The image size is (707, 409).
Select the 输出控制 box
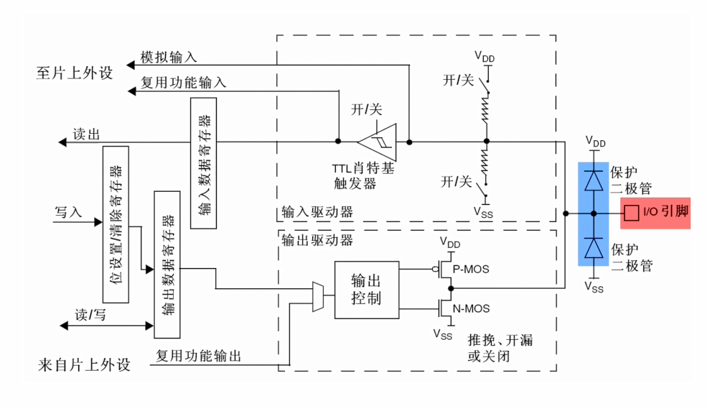point(366,289)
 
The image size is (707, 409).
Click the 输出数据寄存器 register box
point(167,264)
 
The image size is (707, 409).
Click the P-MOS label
point(472,269)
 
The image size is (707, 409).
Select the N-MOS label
point(472,309)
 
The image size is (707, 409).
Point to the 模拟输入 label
point(168,58)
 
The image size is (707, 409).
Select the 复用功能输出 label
point(198,355)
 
